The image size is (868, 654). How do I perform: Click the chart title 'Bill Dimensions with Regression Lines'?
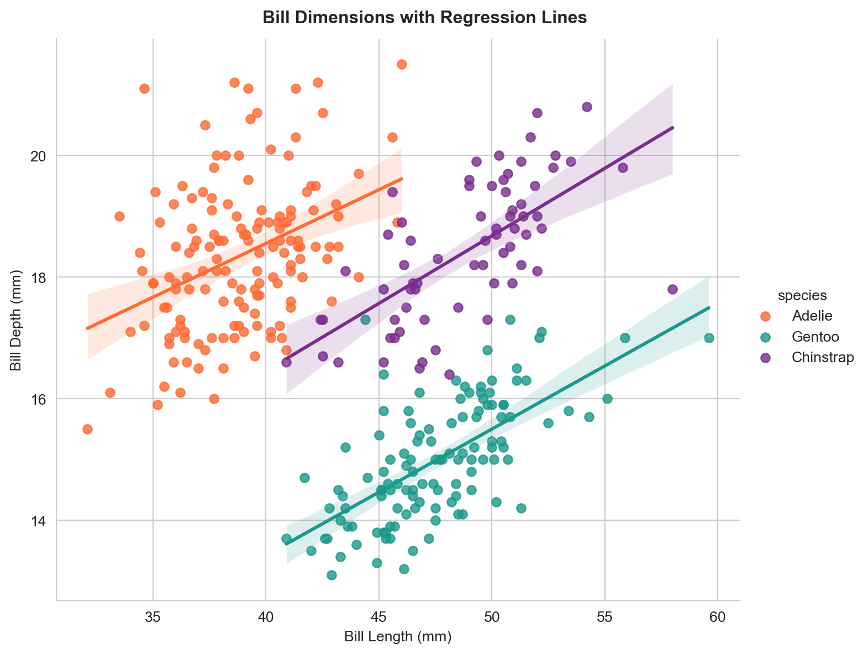pyautogui.click(x=424, y=18)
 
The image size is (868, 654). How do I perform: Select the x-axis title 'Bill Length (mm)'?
pyautogui.click(x=398, y=637)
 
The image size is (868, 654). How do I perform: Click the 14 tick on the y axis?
pyautogui.click(x=40, y=521)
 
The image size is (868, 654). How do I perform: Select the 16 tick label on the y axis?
pyautogui.click(x=40, y=399)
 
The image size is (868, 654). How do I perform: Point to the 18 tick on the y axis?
pyautogui.click(x=40, y=278)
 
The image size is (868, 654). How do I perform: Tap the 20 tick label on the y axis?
pyautogui.click(x=40, y=156)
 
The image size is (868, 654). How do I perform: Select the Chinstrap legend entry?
pyautogui.click(x=822, y=357)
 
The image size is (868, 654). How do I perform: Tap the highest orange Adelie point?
pyautogui.click(x=402, y=64)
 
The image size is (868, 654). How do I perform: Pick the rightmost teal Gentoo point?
pyautogui.click(x=709, y=338)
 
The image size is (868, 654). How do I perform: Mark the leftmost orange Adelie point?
pyautogui.click(x=87, y=429)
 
